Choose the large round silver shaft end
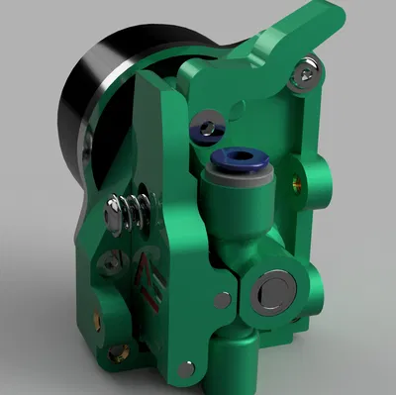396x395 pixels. pos(269,290)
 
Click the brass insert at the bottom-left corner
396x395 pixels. pos(118,351)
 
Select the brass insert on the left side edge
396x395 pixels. pos(96,319)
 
